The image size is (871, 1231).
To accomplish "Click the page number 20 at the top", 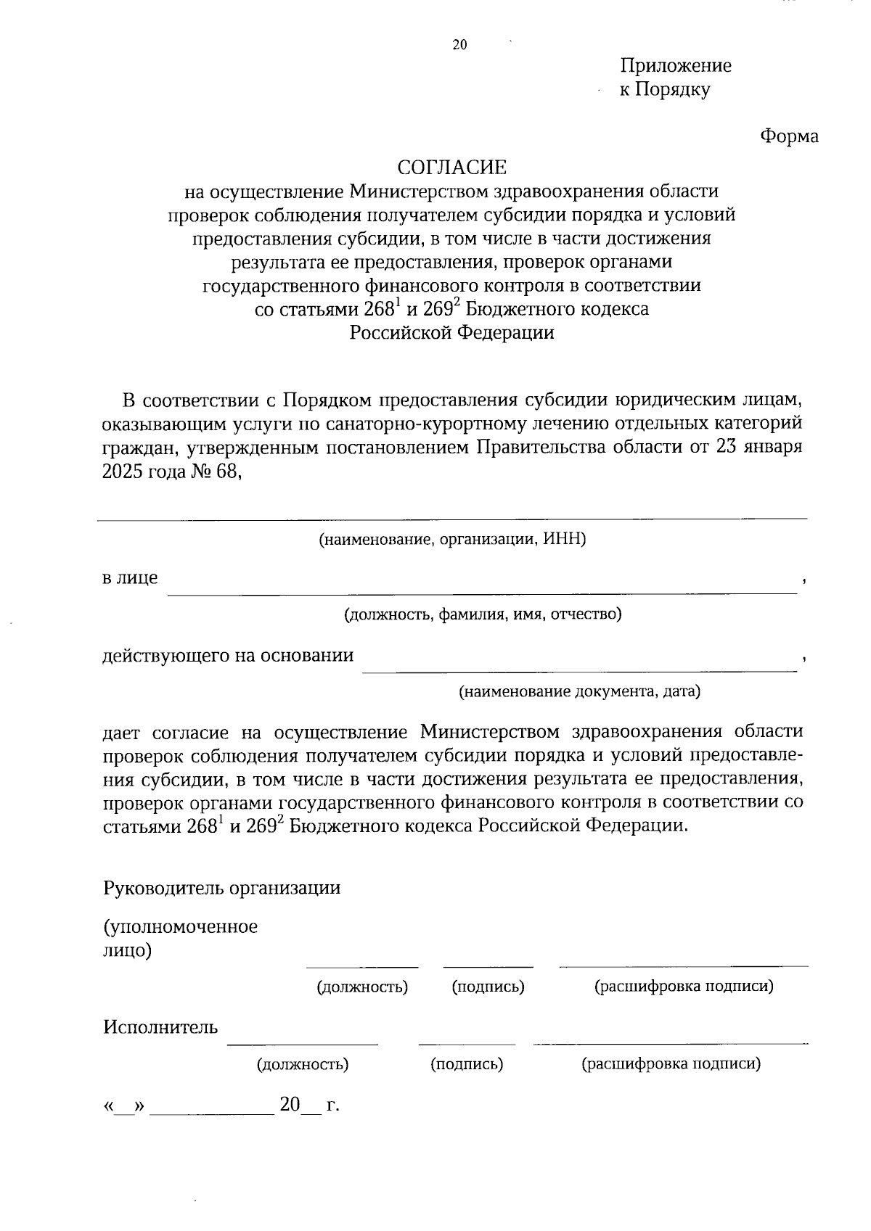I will point(459,45).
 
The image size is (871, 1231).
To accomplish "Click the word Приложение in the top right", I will point(675,66).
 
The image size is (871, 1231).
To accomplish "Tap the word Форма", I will point(789,136).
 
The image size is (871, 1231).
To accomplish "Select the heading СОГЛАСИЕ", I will point(451,168).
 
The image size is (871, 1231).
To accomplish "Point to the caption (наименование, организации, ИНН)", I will point(451,540).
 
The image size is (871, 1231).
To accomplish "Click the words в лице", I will point(130,578).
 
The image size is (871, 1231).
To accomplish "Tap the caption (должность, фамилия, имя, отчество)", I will point(483,614).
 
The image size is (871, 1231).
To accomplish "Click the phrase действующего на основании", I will point(228,656).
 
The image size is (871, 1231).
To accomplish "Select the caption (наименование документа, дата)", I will point(578,691).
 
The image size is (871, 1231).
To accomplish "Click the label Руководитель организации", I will point(221,888).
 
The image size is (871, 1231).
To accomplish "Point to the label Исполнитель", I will point(160,1027).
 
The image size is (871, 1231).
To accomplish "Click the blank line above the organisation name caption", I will point(451,518).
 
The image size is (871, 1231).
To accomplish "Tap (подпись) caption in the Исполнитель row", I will point(467,1064).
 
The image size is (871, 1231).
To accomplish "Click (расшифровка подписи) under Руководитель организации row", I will point(684,987).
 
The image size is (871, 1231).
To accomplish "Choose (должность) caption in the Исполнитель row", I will point(302,1064).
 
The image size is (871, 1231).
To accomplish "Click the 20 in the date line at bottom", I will point(290,1105).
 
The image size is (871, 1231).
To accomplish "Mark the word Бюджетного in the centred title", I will point(512,309).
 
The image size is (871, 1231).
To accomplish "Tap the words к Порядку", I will point(664,90).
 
